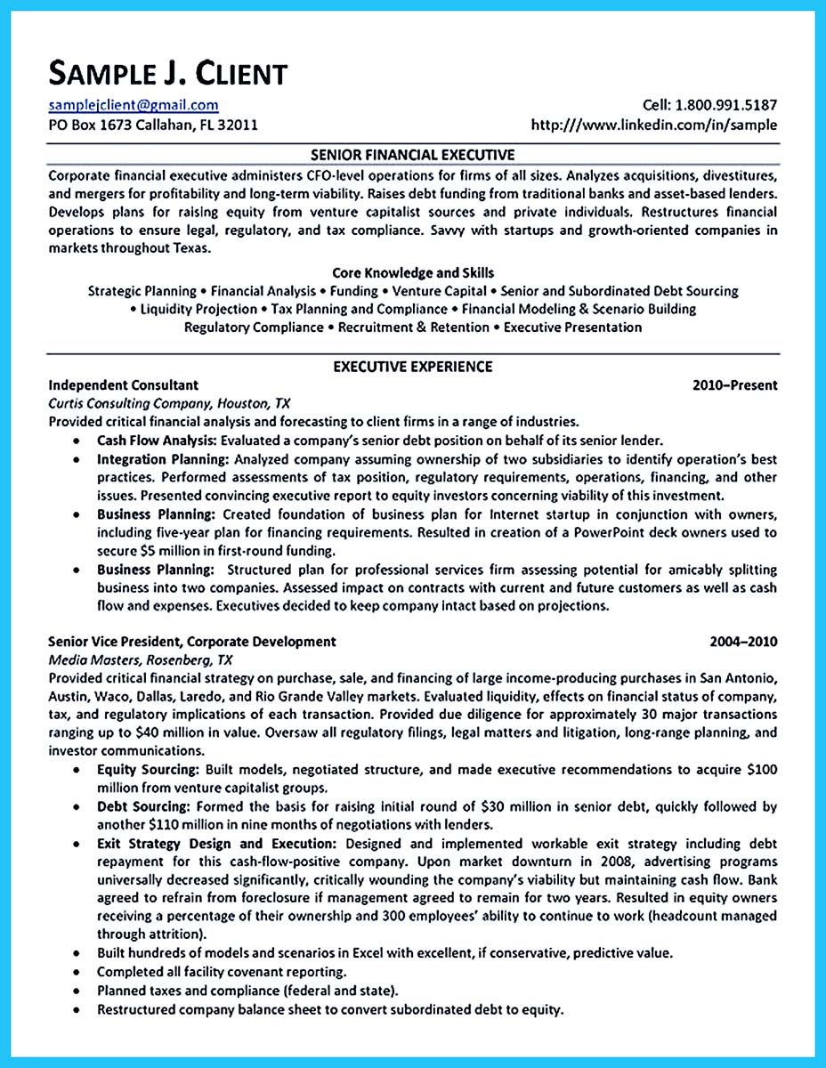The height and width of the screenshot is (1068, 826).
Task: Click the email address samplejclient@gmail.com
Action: [x=133, y=105]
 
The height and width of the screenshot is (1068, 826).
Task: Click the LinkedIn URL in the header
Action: [x=653, y=125]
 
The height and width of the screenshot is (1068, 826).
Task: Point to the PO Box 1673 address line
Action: [x=152, y=125]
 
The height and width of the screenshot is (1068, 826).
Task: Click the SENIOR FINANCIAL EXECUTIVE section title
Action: [x=412, y=154]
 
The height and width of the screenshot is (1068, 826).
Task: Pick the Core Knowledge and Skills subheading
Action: [x=412, y=272]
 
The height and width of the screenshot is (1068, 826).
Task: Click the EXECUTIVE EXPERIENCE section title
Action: [x=412, y=367]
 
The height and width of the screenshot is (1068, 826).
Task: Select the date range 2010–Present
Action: [x=734, y=385]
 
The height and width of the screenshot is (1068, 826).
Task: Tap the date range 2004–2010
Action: [x=743, y=641]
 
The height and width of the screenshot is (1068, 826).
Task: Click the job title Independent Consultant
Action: [x=123, y=385]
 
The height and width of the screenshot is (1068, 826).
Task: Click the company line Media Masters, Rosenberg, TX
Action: [x=140, y=659]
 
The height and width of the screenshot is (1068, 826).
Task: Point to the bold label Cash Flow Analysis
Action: [x=157, y=441]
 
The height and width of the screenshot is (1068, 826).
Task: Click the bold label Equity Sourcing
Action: [x=147, y=769]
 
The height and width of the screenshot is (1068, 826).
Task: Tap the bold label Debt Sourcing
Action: [x=143, y=806]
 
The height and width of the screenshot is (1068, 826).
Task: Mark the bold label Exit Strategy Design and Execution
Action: [x=216, y=843]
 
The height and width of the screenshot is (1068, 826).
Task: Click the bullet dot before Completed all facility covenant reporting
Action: [x=77, y=972]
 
